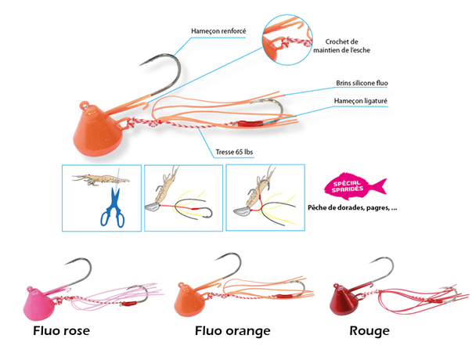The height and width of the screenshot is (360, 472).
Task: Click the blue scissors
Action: pyautogui.click(x=111, y=207)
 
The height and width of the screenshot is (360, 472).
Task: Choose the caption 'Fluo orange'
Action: pyautogui.click(x=232, y=331)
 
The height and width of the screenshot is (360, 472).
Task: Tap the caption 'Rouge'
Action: pyautogui.click(x=370, y=331)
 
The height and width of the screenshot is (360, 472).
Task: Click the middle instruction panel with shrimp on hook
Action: pyautogui.click(x=180, y=196)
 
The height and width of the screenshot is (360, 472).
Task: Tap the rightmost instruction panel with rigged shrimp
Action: pyautogui.click(x=261, y=196)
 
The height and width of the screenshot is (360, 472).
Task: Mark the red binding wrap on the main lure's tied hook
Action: pyautogui.click(x=250, y=124)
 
